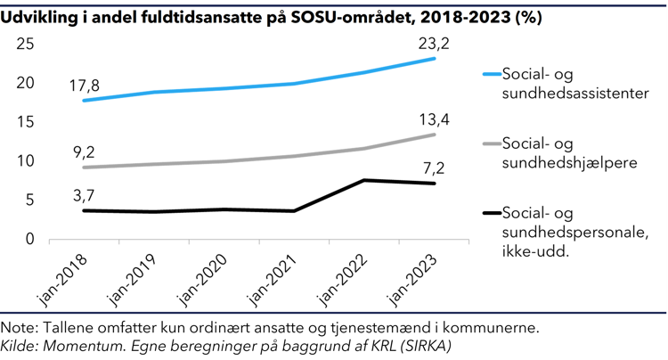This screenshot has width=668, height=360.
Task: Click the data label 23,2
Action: tap(435, 41)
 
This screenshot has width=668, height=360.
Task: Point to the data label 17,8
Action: tap(85, 85)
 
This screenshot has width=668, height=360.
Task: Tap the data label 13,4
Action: tap(435, 119)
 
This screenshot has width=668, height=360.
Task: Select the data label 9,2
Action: tap(84, 151)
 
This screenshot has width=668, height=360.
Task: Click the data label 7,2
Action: tap(435, 168)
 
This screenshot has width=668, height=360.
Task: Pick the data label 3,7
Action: tap(84, 194)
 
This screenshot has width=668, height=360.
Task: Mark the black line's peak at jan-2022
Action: tap(363, 180)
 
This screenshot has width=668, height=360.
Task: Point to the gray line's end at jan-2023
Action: tap(434, 135)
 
